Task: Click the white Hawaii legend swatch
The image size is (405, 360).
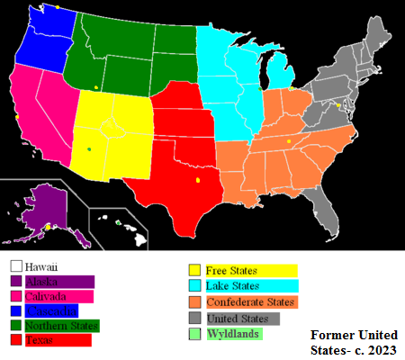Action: tap(15, 266)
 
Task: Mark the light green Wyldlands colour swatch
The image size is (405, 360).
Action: tap(193, 335)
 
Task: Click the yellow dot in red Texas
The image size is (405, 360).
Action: tap(197, 181)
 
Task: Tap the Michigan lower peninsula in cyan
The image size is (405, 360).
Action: tap(281, 77)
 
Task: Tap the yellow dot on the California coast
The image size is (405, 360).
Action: tap(17, 116)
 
